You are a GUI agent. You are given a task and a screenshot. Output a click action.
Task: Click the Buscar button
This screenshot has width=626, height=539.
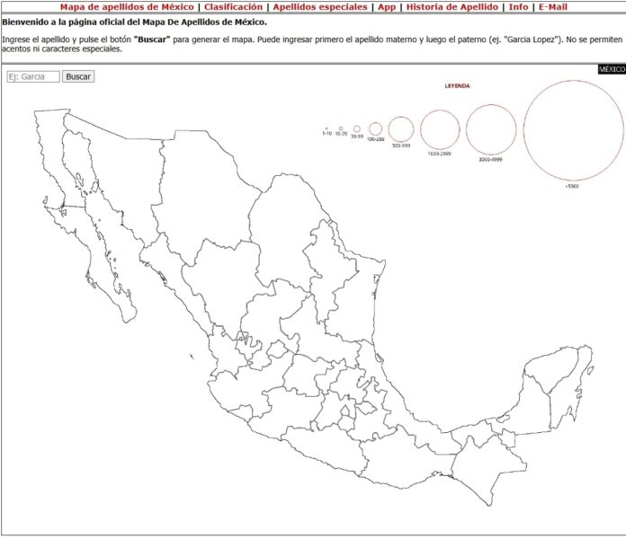(x=78, y=77)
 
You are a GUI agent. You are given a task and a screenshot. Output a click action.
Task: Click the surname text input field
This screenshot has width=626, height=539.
(x=33, y=77)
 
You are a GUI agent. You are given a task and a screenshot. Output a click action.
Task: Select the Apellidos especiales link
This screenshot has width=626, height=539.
(x=320, y=6)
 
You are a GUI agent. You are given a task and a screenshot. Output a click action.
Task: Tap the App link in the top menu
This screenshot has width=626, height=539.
(x=387, y=6)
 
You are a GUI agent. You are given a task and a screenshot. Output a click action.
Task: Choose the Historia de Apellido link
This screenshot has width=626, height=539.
(x=452, y=6)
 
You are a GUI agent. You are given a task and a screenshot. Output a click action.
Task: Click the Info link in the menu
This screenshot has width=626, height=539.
(x=518, y=6)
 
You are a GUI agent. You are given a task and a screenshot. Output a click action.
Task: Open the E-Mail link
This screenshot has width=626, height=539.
(x=553, y=6)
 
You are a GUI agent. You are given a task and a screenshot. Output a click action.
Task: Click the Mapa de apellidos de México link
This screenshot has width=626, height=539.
(x=127, y=6)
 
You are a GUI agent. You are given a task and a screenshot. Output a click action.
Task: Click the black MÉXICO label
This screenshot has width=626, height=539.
(x=612, y=69)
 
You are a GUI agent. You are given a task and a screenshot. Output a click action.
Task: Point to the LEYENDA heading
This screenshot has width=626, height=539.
(x=458, y=86)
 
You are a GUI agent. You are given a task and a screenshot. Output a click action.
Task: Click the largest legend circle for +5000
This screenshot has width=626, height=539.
(x=573, y=130)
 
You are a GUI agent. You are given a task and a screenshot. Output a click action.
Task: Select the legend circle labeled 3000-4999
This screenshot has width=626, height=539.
(x=491, y=129)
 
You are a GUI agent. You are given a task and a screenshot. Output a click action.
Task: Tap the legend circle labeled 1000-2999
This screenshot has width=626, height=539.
(x=440, y=129)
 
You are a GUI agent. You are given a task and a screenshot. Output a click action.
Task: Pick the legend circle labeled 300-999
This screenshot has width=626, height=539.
(x=401, y=129)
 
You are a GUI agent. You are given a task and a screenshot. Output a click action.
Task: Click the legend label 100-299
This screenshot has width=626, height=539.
(x=375, y=139)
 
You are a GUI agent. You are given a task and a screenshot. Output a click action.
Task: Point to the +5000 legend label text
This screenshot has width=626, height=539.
(x=572, y=186)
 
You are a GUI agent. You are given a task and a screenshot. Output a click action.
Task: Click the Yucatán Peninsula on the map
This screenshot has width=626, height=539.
(x=558, y=377)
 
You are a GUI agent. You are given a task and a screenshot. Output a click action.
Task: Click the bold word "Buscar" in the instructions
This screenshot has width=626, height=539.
(x=152, y=40)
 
